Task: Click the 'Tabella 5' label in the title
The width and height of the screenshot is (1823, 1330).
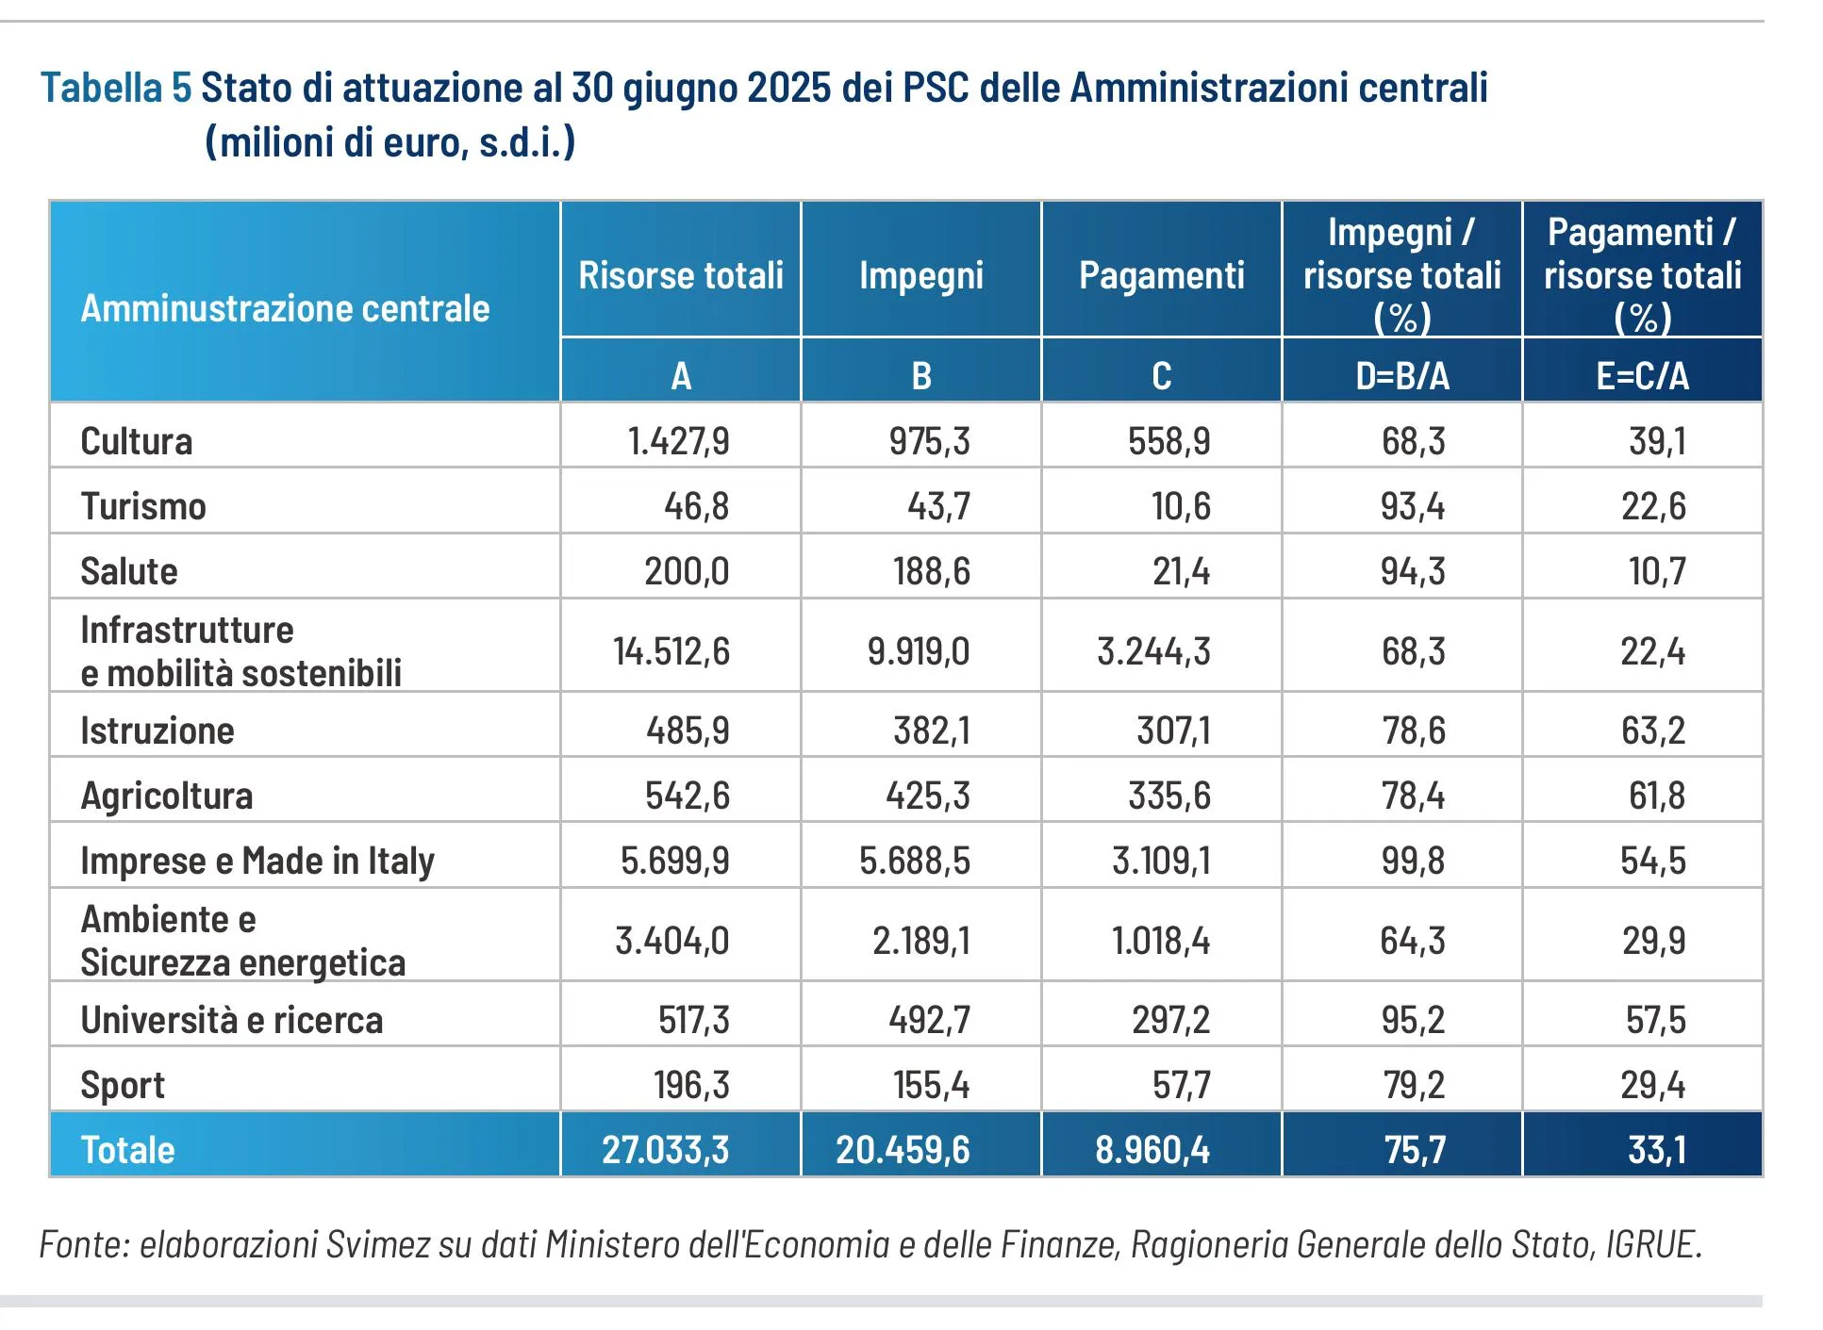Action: point(116,89)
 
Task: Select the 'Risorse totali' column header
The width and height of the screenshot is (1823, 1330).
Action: point(680,275)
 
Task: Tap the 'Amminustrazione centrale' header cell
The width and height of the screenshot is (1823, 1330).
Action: point(285,308)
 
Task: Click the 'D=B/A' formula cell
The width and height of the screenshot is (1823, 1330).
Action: point(1401,375)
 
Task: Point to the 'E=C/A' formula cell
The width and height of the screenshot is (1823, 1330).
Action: point(1642,375)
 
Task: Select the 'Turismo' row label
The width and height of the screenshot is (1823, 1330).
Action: point(143,506)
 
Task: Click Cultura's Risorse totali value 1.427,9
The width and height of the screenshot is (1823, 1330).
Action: point(678,441)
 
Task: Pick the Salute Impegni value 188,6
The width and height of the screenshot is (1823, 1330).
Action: point(931,571)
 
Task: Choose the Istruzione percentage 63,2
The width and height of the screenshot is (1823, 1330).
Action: point(1652,731)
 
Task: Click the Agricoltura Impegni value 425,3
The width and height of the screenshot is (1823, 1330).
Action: point(927,796)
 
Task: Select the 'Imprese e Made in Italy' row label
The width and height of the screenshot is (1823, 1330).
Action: point(257,861)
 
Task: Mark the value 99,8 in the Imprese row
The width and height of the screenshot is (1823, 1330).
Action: point(1412,861)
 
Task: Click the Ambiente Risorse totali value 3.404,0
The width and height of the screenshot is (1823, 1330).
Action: point(671,941)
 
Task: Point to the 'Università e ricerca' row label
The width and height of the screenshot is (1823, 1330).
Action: point(231,1020)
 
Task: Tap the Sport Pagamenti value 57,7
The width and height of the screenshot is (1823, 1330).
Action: point(1181,1085)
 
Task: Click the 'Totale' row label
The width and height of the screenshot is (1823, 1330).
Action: point(127,1150)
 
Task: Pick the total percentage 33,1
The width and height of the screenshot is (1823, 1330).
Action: point(1656,1150)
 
